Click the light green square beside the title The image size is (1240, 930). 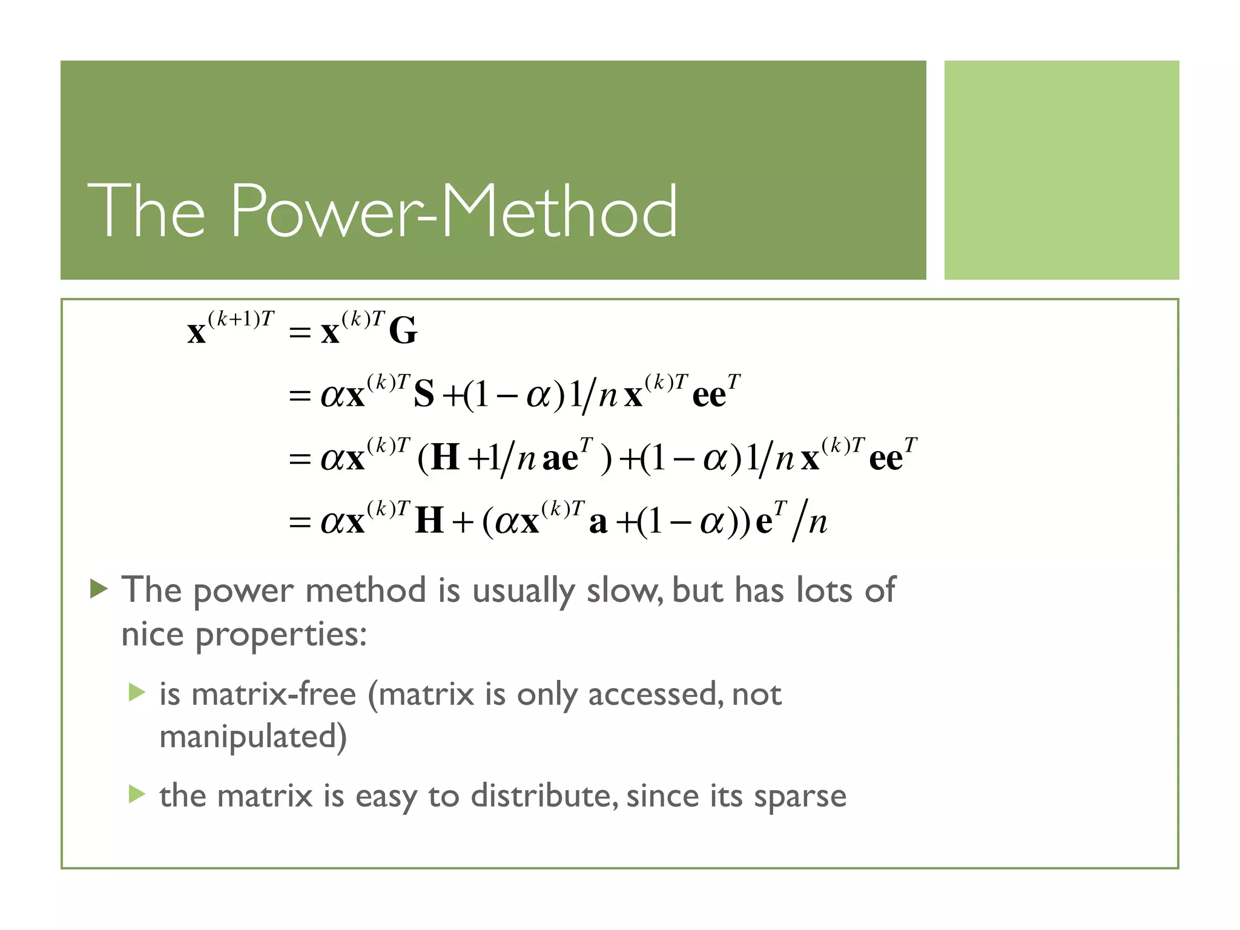(1061, 170)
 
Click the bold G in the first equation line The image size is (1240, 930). (403, 331)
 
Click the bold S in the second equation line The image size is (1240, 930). (424, 395)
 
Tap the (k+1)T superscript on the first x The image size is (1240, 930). (241, 319)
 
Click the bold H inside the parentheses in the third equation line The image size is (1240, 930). (446, 458)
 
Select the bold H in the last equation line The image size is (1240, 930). (429, 521)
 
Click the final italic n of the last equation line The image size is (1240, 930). (817, 522)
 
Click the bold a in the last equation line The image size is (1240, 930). (598, 523)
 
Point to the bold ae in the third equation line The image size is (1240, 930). (560, 459)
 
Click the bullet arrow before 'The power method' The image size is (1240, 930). (99, 588)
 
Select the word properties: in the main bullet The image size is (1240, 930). (281, 636)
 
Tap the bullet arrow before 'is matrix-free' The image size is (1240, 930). (137, 692)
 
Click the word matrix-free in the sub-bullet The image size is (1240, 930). (274, 694)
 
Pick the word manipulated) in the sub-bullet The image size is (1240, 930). (253, 737)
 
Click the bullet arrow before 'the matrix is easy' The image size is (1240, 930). (137, 794)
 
